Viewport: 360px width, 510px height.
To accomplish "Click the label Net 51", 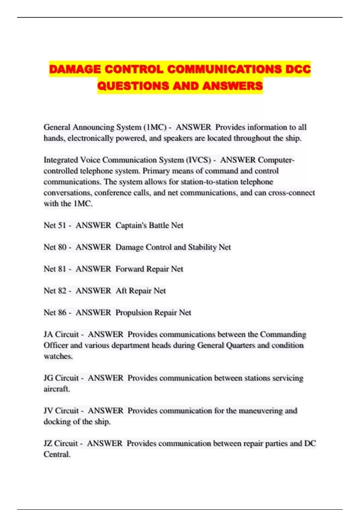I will click(x=55, y=225).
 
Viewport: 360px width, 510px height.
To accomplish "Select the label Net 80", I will click(x=55, y=247).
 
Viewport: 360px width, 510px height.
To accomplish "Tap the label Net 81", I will click(x=55, y=269).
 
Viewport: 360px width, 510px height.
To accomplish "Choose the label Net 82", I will click(x=55, y=291).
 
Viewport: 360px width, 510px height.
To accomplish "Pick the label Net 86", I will click(x=55, y=313).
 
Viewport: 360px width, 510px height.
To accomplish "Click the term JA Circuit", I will click(x=61, y=334).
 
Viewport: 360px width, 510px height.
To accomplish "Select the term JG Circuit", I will click(x=61, y=378).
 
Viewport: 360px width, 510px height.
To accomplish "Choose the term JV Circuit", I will click(x=61, y=411).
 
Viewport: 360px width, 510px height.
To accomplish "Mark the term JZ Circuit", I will click(x=61, y=443).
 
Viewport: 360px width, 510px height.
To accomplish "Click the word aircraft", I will click(x=57, y=389).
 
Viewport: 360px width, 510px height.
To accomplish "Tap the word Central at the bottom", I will click(x=57, y=454).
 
